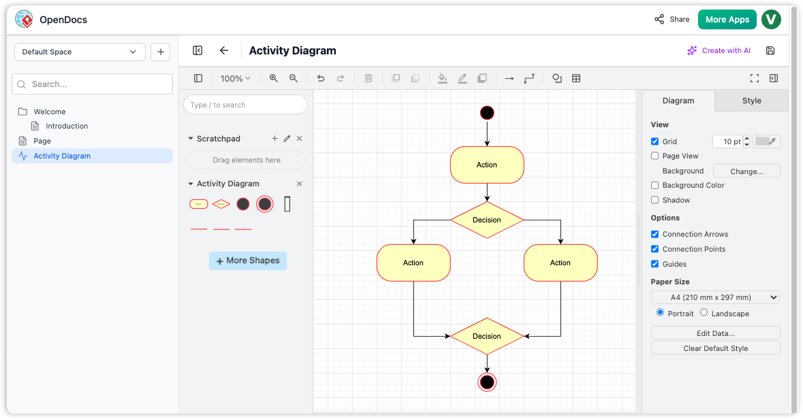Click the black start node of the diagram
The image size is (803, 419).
coord(487,113)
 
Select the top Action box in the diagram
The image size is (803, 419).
coord(487,165)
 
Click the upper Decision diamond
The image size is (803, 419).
coord(487,220)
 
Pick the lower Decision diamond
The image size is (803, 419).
coord(487,336)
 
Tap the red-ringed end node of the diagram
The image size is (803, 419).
coord(487,382)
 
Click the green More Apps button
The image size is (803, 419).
coord(727,20)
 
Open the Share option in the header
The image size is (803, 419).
coord(672,20)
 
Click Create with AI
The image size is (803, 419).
coord(719,50)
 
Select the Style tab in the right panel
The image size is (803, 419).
coord(751,101)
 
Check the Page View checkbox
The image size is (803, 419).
coord(655,156)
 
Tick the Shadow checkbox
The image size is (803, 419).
coord(655,200)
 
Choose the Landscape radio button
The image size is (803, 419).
coord(704,313)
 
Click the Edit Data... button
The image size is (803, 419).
coord(715,333)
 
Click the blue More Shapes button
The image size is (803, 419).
coord(248,261)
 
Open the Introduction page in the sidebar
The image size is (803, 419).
coord(67,126)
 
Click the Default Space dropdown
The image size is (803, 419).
coord(80,52)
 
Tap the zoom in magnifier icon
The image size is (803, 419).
coord(274,78)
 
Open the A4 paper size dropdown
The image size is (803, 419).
coord(715,297)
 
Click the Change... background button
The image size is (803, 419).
coord(746,171)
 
